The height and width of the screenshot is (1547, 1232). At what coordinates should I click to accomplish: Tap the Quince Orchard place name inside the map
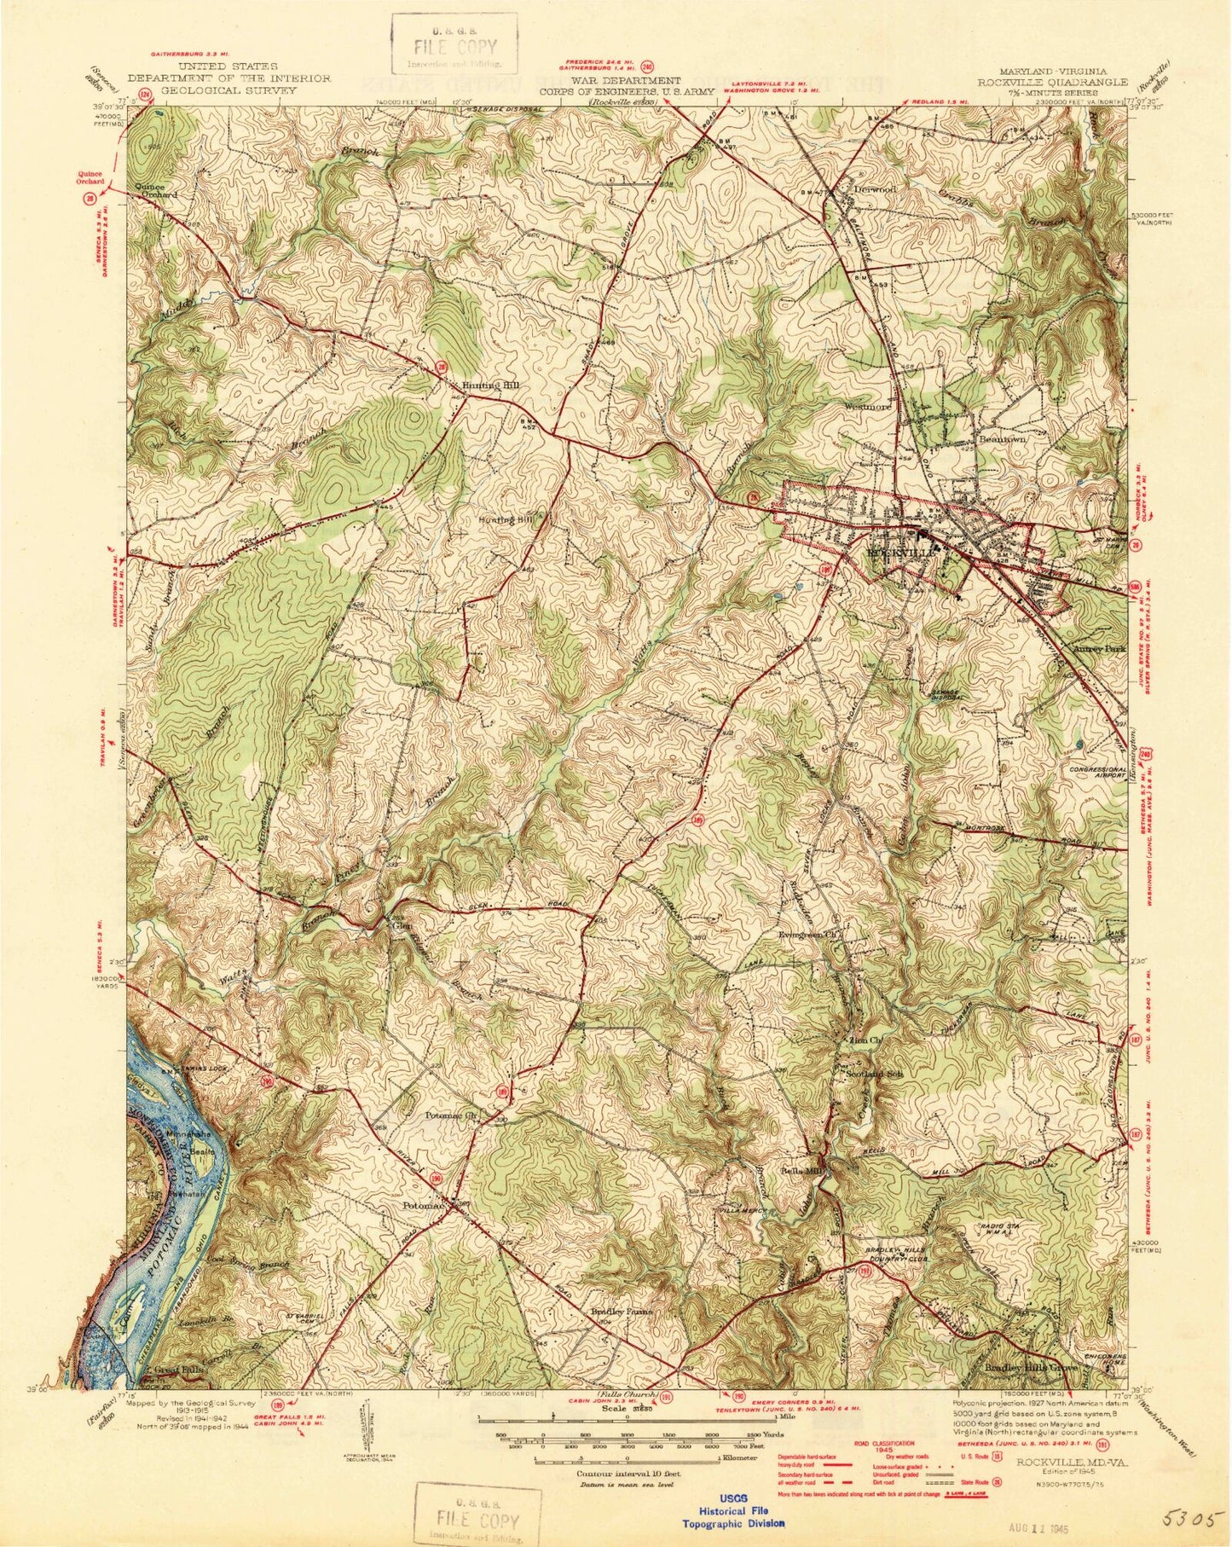pyautogui.click(x=154, y=190)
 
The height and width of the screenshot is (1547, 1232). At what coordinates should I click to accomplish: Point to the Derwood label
pyautogui.click(x=875, y=189)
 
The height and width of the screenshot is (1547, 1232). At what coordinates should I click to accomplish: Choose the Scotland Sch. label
pyautogui.click(x=873, y=1075)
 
